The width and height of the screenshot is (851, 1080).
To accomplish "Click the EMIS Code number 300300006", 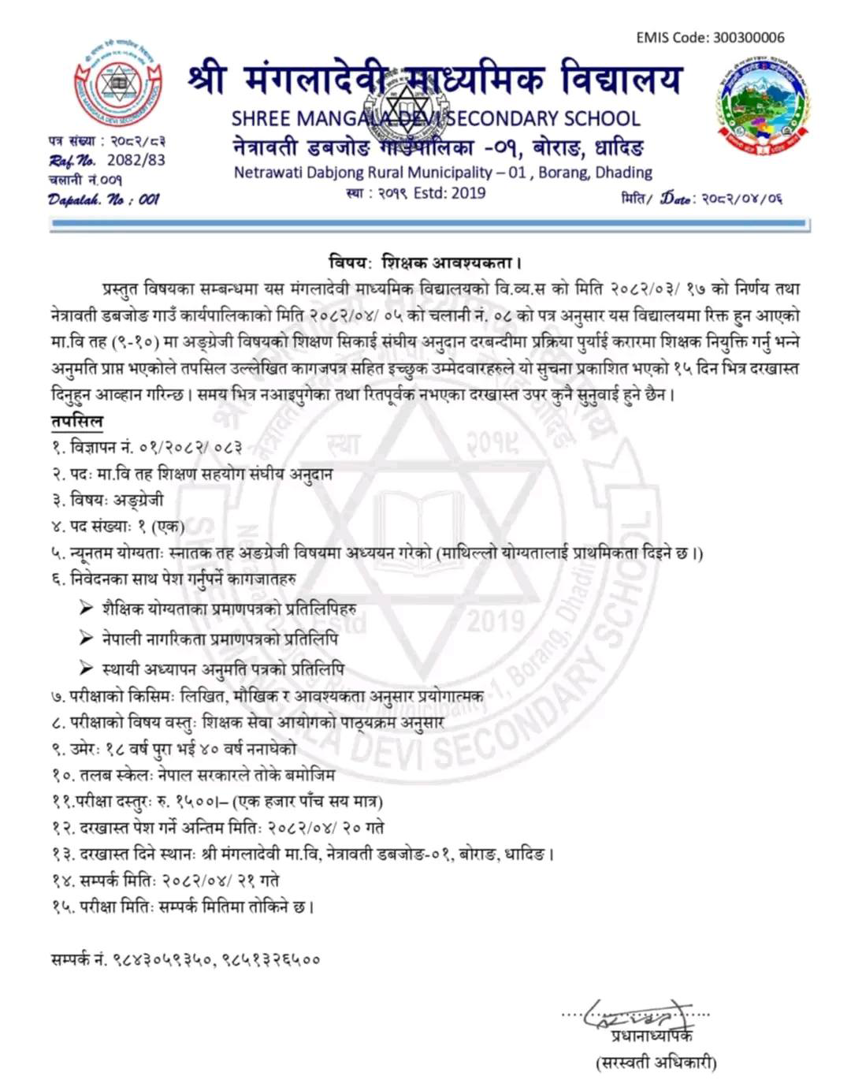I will [x=748, y=37].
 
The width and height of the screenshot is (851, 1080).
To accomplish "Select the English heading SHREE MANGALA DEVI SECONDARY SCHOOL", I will [x=435, y=118].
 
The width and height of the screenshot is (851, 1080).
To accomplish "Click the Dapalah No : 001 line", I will [x=103, y=199].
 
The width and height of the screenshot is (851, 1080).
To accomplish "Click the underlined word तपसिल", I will [x=76, y=422].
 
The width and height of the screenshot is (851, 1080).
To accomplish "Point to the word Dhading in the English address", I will [x=622, y=172].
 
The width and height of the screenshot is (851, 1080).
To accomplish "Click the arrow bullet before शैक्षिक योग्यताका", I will [x=87, y=608].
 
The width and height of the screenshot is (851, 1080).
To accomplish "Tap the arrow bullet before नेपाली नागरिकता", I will [x=87, y=638].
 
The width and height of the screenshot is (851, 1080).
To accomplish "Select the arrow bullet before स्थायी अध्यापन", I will [x=87, y=668].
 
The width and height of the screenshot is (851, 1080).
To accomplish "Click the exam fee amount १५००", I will [x=195, y=802].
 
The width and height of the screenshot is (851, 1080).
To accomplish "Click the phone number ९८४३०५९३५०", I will [x=162, y=959].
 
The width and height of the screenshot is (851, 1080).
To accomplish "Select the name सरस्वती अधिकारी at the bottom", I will [x=656, y=1063].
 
